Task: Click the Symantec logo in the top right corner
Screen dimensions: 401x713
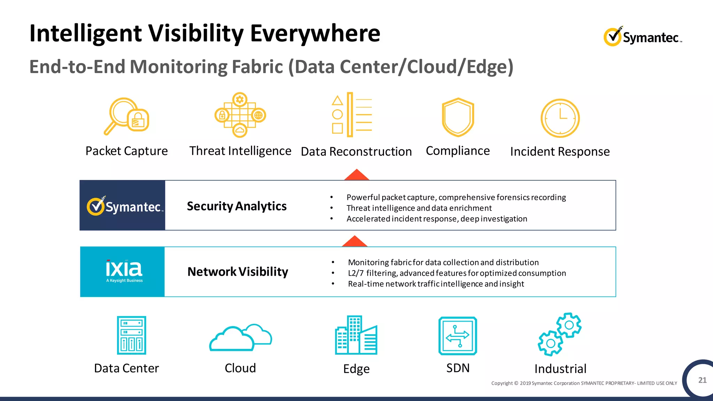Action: (x=642, y=37)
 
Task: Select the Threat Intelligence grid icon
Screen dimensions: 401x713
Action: (x=240, y=115)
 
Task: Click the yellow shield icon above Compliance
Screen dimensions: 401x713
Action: (x=458, y=117)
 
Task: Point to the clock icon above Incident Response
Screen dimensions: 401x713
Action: (x=560, y=118)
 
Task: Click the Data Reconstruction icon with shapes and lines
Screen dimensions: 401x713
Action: (x=352, y=115)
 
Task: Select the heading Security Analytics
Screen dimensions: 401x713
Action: (x=237, y=206)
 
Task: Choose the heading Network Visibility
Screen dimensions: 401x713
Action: (x=238, y=272)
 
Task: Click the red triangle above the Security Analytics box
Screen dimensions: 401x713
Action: (x=356, y=175)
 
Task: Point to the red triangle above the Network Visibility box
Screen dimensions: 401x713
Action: (x=354, y=242)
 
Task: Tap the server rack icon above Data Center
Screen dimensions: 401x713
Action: (x=131, y=335)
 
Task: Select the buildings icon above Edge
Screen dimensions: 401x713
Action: (x=356, y=336)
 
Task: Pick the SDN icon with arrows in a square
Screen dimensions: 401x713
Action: (x=457, y=336)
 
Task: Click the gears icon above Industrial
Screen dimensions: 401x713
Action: (x=559, y=334)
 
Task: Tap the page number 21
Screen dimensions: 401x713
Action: (x=702, y=380)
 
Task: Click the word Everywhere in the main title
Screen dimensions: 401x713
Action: (x=315, y=34)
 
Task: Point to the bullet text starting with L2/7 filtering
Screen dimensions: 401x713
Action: (x=457, y=273)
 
